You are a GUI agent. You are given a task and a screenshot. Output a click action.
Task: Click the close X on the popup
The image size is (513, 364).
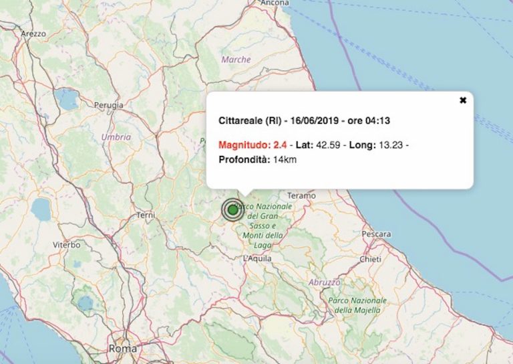click(462, 100)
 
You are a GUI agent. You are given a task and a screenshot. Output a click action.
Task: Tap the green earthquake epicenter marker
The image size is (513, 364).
click(232, 210)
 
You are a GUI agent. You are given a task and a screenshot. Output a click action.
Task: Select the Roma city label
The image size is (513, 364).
click(123, 349)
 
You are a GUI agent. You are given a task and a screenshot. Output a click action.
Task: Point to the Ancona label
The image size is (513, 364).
click(275, 3)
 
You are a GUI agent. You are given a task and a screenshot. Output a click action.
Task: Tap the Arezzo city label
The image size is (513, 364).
click(33, 33)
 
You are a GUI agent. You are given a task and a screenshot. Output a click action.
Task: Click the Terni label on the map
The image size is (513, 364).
click(145, 215)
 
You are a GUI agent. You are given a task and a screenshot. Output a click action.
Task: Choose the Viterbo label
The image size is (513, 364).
click(67, 246)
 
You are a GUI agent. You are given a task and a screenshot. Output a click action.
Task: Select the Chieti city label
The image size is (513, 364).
click(370, 259)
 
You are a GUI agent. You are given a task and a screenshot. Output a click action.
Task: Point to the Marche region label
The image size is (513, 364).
click(236, 60)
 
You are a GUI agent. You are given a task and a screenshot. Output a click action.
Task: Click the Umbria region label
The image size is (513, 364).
click(116, 137)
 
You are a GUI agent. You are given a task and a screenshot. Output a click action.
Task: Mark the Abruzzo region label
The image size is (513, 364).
click(325, 282)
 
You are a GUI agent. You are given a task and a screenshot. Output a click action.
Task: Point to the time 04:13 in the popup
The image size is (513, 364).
click(377, 121)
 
